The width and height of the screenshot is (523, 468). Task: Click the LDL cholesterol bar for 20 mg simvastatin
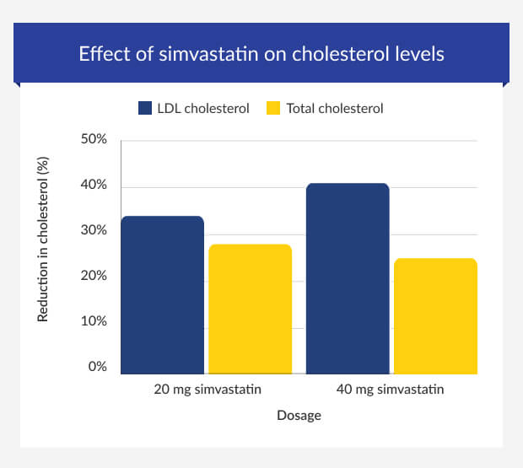click(x=162, y=294)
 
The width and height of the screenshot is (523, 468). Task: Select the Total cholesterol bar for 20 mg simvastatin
click(x=250, y=309)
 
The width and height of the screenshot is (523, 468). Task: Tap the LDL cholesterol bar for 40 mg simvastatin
click(x=347, y=278)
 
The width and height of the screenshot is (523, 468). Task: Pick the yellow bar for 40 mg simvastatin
click(x=435, y=315)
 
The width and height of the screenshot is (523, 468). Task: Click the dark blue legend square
click(x=144, y=108)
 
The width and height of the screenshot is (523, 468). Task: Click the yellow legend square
click(x=272, y=108)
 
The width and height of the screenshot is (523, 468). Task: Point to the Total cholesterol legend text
click(x=335, y=108)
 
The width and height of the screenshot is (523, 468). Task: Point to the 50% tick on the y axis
click(x=93, y=139)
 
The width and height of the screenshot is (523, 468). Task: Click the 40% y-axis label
click(x=93, y=185)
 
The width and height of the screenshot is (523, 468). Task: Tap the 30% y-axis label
click(x=93, y=230)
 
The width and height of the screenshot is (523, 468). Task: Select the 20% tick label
click(x=93, y=276)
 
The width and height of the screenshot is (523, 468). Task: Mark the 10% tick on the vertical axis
click(x=93, y=321)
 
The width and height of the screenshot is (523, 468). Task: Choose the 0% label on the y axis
click(x=96, y=367)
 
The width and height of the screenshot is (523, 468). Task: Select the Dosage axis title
click(x=299, y=415)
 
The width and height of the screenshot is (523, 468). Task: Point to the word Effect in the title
click(x=100, y=54)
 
